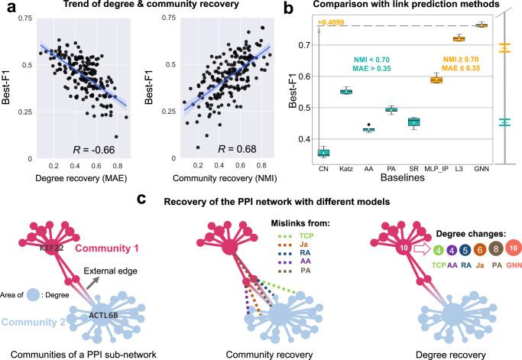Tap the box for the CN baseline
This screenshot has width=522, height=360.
point(323,153)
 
